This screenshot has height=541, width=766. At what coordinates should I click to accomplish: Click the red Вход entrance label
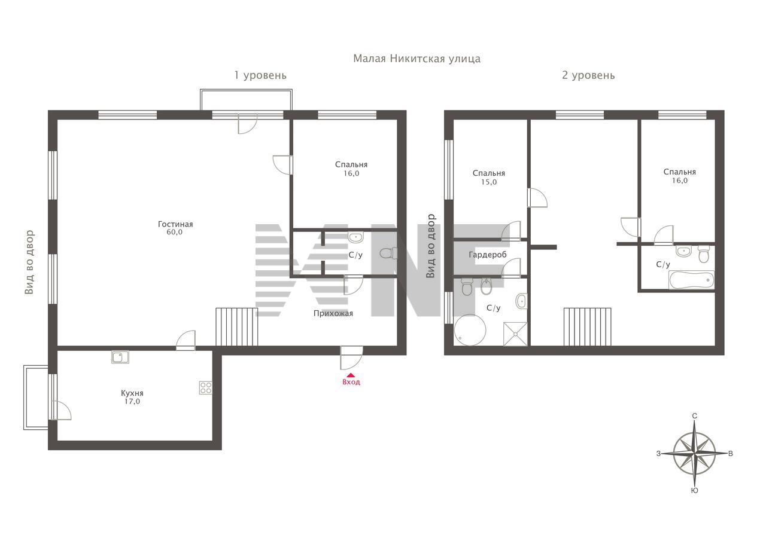(351, 382)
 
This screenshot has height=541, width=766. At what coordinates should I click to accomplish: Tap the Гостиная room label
(175, 224)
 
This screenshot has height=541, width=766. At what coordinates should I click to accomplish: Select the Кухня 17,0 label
(132, 397)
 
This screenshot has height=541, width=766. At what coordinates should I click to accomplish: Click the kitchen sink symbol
(120, 357)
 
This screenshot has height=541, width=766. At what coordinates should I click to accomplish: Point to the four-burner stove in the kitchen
(205, 387)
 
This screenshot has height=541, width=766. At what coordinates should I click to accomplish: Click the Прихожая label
(333, 313)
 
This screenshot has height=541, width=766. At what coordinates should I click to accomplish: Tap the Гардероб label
(488, 255)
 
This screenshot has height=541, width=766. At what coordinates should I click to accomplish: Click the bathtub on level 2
(691, 280)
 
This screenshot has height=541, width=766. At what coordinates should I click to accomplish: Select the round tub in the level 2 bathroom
(470, 330)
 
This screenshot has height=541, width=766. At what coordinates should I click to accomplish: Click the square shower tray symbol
(515, 334)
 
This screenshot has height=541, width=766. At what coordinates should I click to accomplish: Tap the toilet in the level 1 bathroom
(388, 253)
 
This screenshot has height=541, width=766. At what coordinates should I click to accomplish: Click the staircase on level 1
(236, 327)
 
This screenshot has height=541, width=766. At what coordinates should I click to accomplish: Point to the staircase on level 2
(588, 327)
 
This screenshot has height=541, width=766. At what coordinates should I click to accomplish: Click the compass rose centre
(695, 454)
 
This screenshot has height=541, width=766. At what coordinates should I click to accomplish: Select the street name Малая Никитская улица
(417, 59)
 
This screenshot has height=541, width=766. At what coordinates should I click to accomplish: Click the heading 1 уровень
(260, 75)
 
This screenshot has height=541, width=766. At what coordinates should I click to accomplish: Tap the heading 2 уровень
(588, 75)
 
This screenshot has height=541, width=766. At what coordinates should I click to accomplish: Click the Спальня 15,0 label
(489, 178)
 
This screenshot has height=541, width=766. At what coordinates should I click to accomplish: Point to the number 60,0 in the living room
(174, 233)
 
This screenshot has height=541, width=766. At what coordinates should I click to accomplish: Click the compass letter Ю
(695, 491)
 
